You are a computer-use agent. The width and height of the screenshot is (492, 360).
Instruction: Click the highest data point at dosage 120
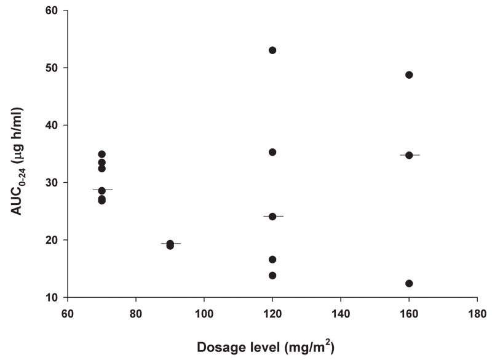pos(272,50)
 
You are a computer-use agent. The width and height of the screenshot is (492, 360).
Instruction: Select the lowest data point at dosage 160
pos(409,284)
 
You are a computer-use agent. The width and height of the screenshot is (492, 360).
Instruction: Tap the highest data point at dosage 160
pos(409,75)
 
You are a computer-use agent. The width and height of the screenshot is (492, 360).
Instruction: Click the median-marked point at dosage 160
pos(409,155)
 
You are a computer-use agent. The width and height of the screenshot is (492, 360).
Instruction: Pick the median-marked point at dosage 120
pos(272,217)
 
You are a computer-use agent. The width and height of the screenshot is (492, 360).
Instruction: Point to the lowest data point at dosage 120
pos(272,276)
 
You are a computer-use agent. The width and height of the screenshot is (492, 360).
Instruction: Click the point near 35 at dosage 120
pos(272,152)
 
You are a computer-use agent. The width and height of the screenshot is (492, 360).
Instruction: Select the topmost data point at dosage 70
pos(102,154)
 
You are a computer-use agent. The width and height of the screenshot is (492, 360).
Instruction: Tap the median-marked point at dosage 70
pos(102,191)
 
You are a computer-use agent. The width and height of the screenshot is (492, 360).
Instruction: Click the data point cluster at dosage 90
pos(170,244)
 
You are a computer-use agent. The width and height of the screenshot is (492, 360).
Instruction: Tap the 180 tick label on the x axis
pos(477,312)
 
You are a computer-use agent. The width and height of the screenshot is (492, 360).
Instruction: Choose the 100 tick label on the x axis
pos(204,312)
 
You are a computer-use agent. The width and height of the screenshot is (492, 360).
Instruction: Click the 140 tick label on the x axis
pos(341,312)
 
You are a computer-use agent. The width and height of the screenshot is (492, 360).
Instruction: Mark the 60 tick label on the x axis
pos(68,312)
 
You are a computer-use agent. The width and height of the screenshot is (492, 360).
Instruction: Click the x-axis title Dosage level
pos(266,347)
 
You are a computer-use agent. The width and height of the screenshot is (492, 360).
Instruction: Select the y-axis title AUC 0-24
pos(18,154)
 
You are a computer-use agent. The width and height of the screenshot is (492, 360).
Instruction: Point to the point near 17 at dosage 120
pos(272,260)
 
